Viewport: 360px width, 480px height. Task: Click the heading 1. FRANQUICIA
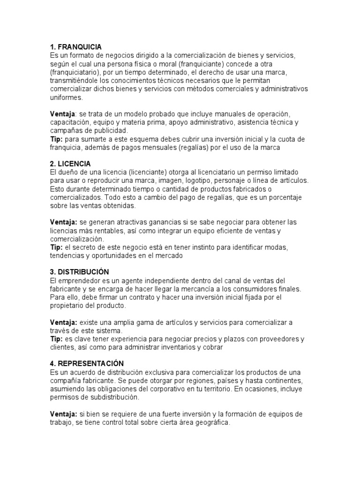[x=75, y=47]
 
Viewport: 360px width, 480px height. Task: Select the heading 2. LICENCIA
[x=70, y=164]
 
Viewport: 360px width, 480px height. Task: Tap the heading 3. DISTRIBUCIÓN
[x=79, y=272]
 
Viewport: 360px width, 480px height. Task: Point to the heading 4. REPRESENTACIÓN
[x=87, y=363]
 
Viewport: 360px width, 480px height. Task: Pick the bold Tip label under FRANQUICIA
[x=56, y=139]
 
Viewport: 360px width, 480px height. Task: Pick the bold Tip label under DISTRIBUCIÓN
[x=56, y=339]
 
